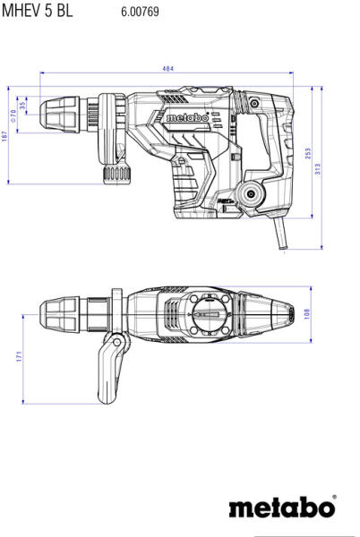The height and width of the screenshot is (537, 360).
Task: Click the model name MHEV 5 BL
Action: point(38,11)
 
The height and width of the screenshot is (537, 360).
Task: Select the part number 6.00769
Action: point(140,12)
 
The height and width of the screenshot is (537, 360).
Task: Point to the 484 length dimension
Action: point(167,69)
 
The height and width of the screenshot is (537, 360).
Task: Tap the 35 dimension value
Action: point(22,106)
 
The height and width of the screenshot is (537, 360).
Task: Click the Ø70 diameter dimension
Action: point(13,115)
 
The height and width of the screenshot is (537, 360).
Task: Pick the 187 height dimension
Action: point(4,136)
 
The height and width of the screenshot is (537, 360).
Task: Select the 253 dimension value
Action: point(307,153)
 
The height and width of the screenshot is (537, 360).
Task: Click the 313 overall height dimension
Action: point(318,169)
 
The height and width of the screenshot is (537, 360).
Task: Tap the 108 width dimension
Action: point(306,314)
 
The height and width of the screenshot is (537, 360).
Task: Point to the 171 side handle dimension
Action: point(19,356)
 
